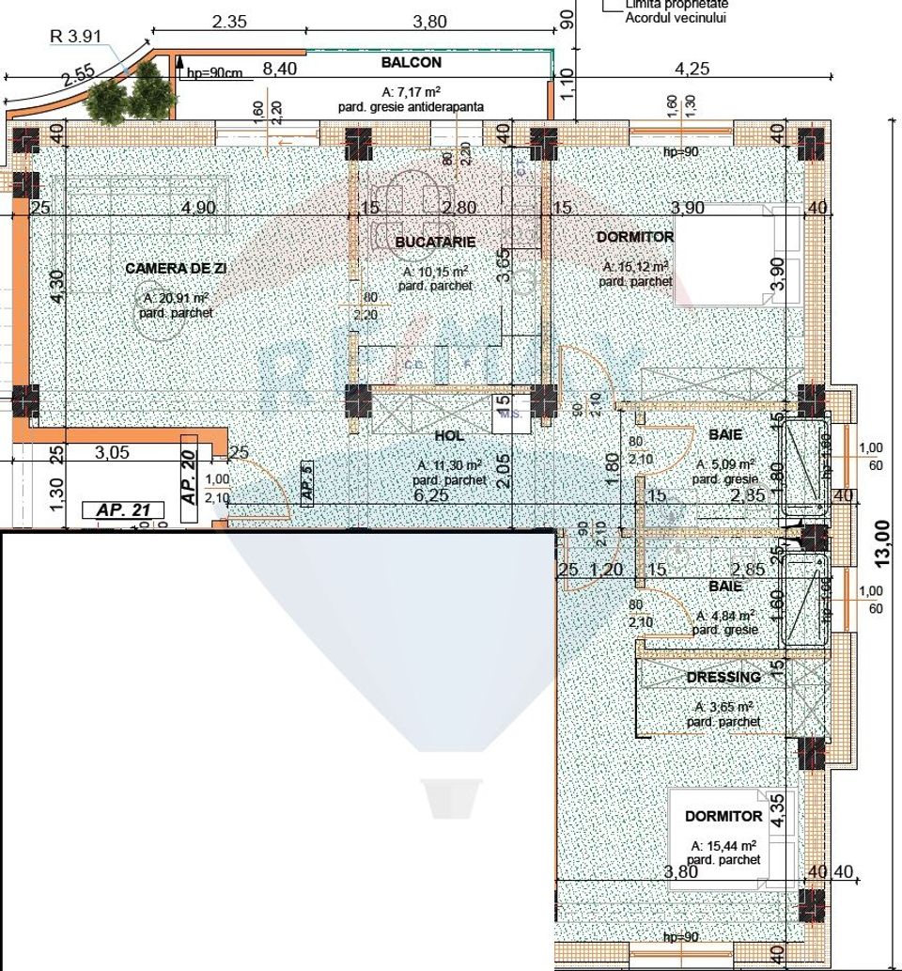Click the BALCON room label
click(x=411, y=63)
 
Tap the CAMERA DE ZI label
click(x=176, y=268)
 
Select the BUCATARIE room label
click(x=435, y=242)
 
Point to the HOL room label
click(x=450, y=436)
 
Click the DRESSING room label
click(x=723, y=677)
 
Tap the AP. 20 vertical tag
click(x=188, y=478)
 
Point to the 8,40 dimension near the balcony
click(x=279, y=68)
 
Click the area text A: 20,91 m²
click(x=176, y=298)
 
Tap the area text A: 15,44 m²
click(x=723, y=845)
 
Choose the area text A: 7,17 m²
click(x=412, y=92)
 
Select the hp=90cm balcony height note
click(x=214, y=73)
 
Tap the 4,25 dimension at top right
click(x=692, y=68)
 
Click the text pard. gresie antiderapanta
click(x=411, y=107)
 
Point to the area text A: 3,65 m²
click(x=723, y=707)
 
